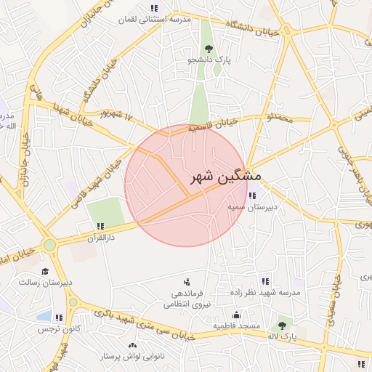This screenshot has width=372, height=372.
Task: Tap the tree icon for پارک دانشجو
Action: pyautogui.click(x=209, y=49)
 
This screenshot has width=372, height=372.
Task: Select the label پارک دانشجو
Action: pyautogui.click(x=209, y=60)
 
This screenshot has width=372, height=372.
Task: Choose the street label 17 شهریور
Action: pyautogui.click(x=119, y=115)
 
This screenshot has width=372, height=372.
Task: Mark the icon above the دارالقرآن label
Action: pyautogui.click(x=100, y=226)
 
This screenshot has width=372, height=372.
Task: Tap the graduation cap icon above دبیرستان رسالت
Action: pyautogui.click(x=45, y=271)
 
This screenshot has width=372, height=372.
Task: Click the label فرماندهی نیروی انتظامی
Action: pyautogui.click(x=190, y=299)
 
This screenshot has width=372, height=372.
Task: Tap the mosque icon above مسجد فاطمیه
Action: pyautogui.click(x=236, y=315)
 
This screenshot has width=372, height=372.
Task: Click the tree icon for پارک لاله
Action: pyautogui.click(x=282, y=326)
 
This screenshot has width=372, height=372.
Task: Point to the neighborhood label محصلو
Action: pyautogui.click(x=280, y=117)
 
